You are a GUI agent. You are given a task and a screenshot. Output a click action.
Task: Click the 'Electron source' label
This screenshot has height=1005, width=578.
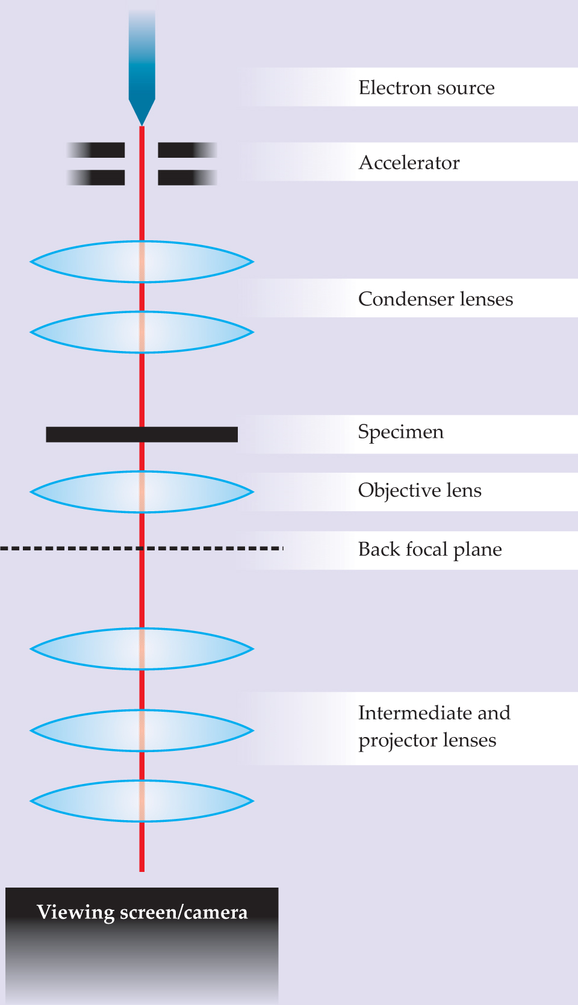pos(426,88)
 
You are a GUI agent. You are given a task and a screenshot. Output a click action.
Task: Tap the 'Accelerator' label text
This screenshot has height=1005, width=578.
pos(409,163)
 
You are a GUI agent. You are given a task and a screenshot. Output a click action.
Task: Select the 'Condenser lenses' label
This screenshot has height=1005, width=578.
pos(435,299)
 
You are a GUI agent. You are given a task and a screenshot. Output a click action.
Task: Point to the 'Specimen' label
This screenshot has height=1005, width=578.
pos(400,432)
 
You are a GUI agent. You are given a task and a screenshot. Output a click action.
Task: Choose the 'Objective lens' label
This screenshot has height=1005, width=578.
pos(420,490)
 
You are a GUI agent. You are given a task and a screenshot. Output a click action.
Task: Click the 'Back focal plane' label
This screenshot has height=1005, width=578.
pos(429,549)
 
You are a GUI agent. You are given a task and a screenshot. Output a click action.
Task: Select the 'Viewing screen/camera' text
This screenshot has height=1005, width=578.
pos(142,912)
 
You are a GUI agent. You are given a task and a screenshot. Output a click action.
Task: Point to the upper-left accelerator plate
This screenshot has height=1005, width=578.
pos(96,150)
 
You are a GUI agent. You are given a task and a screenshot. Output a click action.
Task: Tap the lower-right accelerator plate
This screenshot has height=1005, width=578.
pos(187,178)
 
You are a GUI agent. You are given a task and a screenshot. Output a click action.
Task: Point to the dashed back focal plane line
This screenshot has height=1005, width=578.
pos(72,549)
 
